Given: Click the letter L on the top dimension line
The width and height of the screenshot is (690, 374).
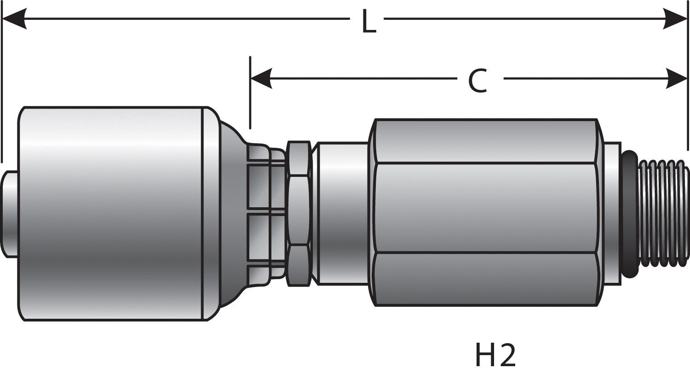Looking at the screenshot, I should click(368, 21).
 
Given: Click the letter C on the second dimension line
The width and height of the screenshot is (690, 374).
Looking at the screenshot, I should click(477, 81).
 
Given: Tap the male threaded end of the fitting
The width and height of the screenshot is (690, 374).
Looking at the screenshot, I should click(662, 213).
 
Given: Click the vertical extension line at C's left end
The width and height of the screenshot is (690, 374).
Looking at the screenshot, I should click(250, 92).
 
